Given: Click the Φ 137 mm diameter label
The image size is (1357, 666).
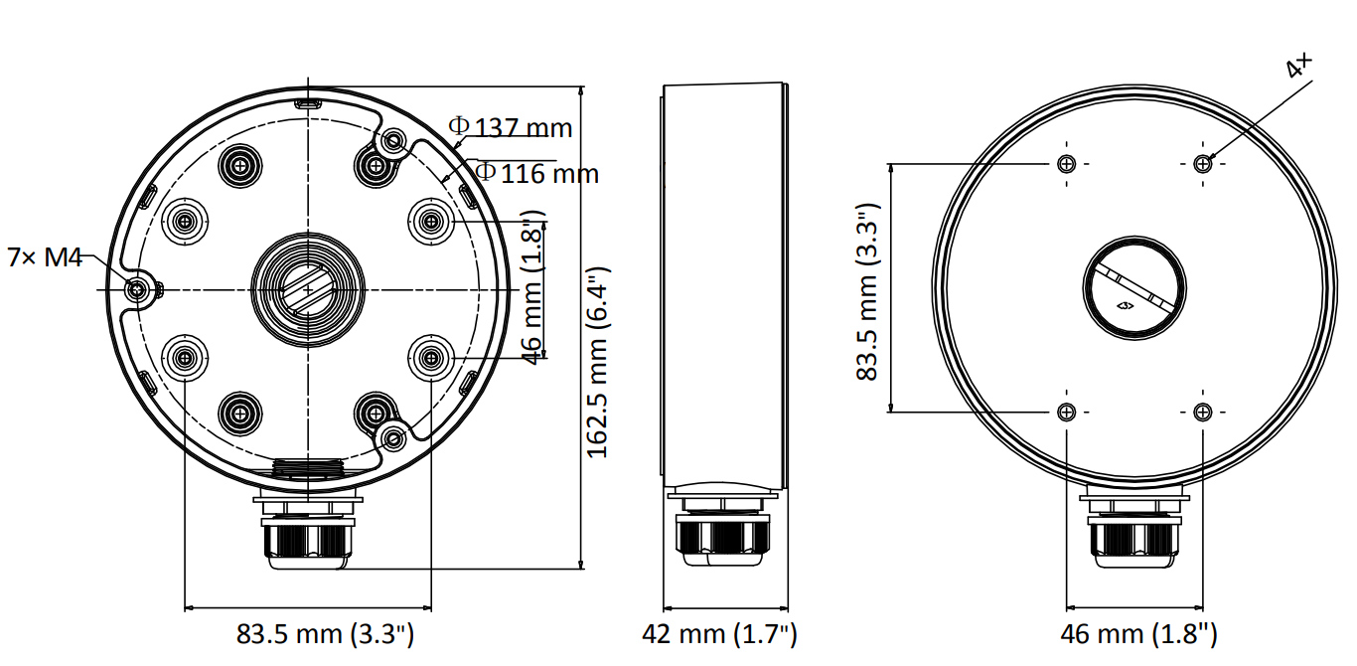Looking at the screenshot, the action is (x=510, y=127).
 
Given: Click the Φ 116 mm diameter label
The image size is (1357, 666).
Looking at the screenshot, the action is (x=536, y=173).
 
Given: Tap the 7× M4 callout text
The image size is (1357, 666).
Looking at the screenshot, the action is (x=45, y=256).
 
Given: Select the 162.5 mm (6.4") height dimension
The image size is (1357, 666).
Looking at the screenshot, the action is (x=597, y=363).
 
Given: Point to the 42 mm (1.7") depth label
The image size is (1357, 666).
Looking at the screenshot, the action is (x=719, y=634).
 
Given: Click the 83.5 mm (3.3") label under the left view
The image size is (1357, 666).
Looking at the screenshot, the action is (x=325, y=634).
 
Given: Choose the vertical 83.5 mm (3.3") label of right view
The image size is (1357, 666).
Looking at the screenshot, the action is (x=867, y=291).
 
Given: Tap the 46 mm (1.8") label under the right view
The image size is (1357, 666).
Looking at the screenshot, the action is (x=1138, y=634).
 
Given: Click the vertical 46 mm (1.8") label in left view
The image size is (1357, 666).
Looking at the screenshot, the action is (x=533, y=288).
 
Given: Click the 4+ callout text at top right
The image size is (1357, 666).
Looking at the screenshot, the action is (x=1298, y=66).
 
